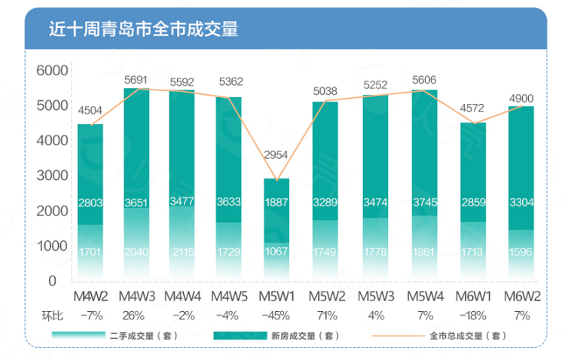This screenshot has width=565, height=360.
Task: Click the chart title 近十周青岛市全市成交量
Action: [142, 30]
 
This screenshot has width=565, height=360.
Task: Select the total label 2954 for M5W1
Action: [276, 155]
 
